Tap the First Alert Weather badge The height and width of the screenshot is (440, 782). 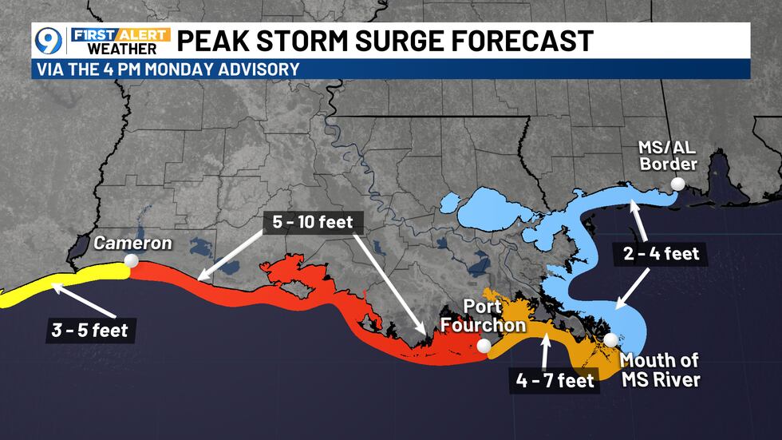[x=120, y=41]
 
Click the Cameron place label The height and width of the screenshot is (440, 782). [x=132, y=243]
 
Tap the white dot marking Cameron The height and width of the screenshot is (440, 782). [x=131, y=260]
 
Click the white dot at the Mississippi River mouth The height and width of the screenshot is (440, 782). [x=610, y=339]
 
